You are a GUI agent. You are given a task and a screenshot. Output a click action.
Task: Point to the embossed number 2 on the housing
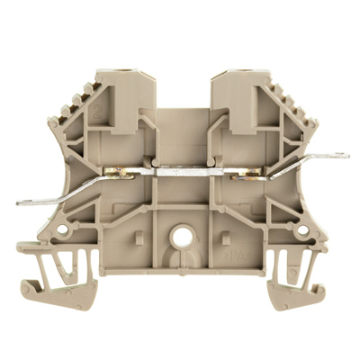[x=95, y=117]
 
